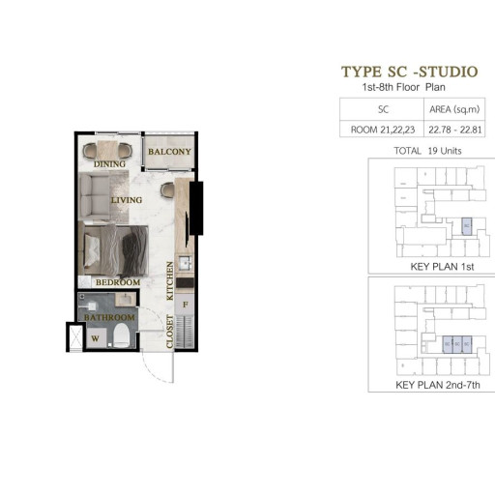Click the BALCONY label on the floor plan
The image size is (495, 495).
pos(170,153)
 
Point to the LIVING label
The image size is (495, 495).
pos(127,200)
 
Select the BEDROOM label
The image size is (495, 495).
pos(118,282)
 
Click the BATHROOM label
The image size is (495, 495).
pos(108,317)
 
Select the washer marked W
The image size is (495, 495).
pos(95,337)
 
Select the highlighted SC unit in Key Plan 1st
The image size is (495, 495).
pos(466,226)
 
